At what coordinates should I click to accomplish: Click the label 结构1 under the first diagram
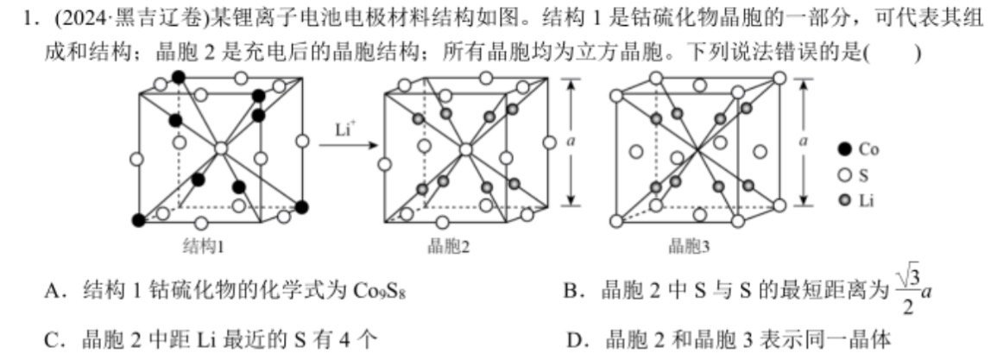point(203,247)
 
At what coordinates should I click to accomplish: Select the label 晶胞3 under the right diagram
point(689,247)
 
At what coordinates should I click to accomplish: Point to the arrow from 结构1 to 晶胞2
point(344,144)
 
